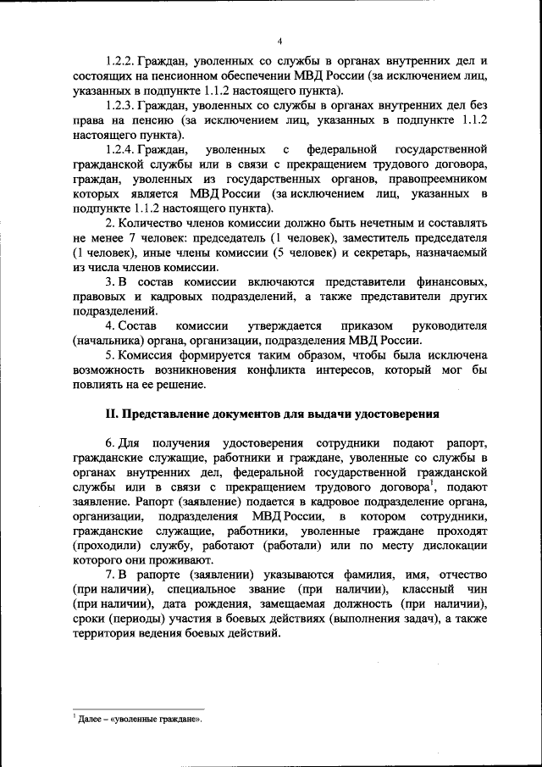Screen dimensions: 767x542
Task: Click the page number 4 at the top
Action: pos(279,40)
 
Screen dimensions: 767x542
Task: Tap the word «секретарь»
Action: pos(395,253)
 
